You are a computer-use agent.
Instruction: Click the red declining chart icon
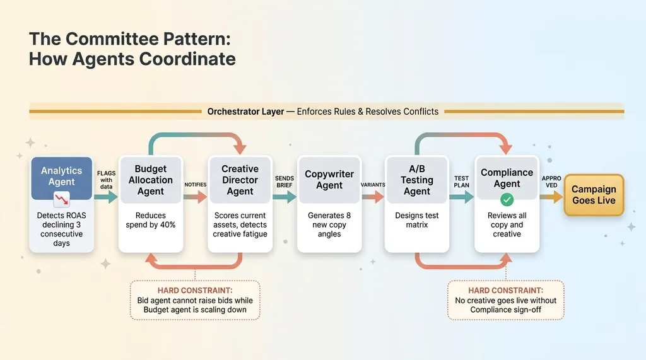62,201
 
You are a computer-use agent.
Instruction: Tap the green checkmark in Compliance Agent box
507,200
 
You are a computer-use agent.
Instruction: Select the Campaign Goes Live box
593,195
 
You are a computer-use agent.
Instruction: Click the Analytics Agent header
62,176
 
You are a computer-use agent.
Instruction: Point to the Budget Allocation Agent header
150,180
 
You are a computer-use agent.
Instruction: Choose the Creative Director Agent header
240,180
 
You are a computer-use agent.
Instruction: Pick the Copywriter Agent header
329,180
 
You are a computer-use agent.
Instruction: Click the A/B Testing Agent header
417,180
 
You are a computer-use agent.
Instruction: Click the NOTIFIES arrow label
195,184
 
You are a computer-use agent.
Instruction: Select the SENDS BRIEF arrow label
285,182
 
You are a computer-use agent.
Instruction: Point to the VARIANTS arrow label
373,184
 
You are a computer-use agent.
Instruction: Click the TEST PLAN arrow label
462,182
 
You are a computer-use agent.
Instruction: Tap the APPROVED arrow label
551,182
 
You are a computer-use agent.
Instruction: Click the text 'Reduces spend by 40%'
150,220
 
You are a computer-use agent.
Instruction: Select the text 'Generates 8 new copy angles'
329,224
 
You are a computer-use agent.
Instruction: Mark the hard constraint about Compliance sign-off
506,300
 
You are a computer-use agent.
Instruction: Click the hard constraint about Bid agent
196,300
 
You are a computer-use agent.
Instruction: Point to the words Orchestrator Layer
245,112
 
